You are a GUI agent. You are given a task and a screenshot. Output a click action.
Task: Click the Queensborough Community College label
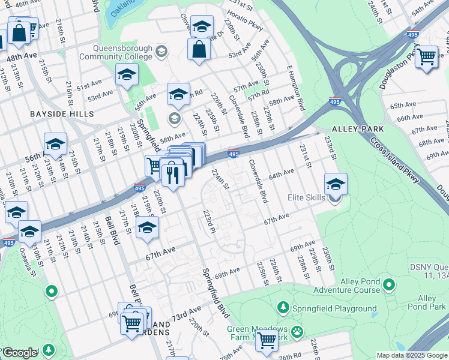(x=122, y=53)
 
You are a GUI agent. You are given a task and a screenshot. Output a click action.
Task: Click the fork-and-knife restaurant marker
(x=172, y=175)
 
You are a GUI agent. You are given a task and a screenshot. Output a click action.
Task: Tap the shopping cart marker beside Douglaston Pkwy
(x=426, y=57)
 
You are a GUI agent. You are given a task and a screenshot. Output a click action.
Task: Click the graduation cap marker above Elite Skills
(x=336, y=184)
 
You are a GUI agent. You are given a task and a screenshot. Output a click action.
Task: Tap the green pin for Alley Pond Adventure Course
(x=388, y=284)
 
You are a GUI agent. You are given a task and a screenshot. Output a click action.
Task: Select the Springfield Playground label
(x=335, y=309)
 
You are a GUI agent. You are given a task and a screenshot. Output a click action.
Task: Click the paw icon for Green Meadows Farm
(x=297, y=331)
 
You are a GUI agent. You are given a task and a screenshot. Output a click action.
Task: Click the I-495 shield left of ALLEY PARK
(x=335, y=103)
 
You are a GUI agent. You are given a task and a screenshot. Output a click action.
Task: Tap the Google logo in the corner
(x=19, y=353)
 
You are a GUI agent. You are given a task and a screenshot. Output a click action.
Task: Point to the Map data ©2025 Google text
(x=412, y=355)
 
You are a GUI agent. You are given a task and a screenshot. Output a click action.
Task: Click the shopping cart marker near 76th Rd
(x=267, y=340)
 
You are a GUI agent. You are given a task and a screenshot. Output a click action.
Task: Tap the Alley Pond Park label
(x=427, y=302)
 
